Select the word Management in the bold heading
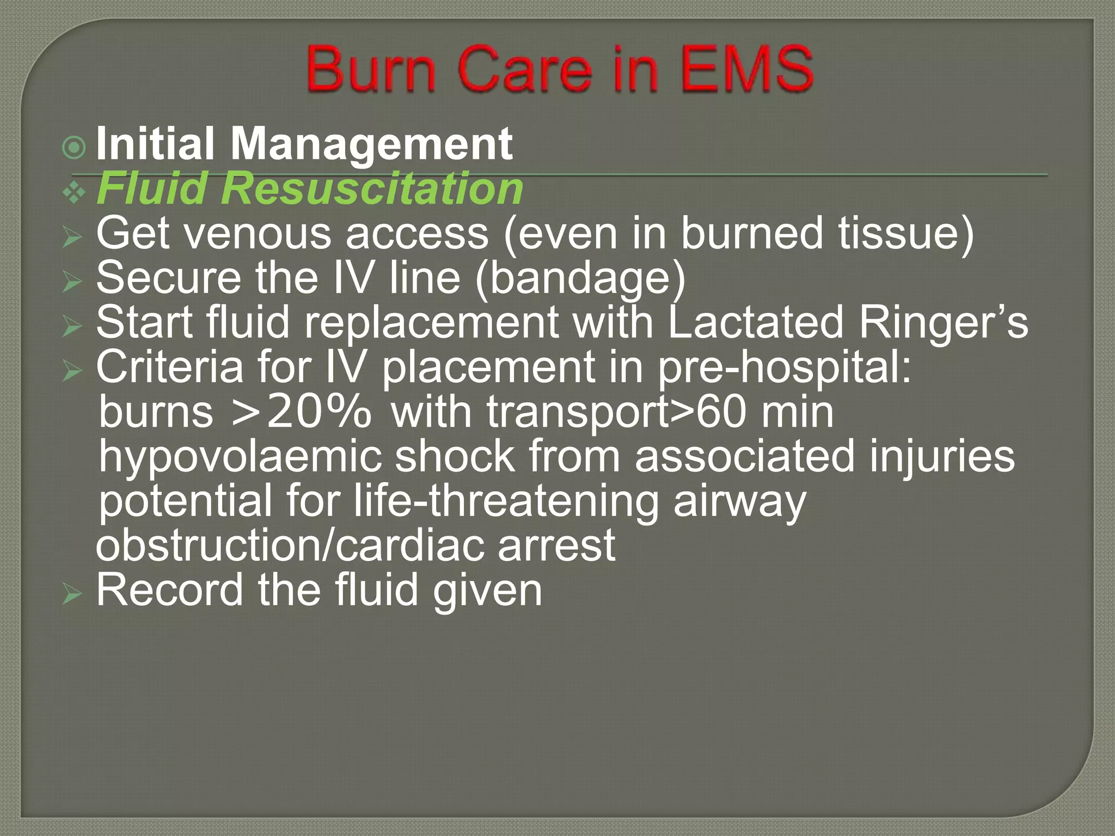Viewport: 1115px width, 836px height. pyautogui.click(x=371, y=144)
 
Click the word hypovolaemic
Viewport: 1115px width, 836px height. pyautogui.click(x=240, y=457)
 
